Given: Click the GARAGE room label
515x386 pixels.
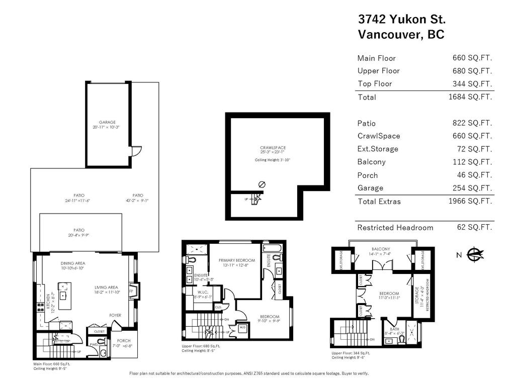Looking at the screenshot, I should pyautogui.click(x=107, y=122).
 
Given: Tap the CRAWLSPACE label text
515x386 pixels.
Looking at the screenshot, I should pyautogui.click(x=273, y=148).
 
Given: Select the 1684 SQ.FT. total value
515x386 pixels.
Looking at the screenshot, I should pyautogui.click(x=470, y=96).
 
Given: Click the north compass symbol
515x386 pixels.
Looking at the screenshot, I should pyautogui.click(x=474, y=255).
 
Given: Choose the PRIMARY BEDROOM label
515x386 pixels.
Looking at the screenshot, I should pyautogui.click(x=237, y=260).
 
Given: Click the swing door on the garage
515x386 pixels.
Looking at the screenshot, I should pyautogui.click(x=136, y=151).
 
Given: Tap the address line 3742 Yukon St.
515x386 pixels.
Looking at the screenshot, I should pyautogui.click(x=402, y=19).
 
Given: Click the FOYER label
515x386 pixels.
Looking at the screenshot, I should pyautogui.click(x=116, y=315).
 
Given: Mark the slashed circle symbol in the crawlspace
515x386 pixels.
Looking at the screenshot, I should pyautogui.click(x=261, y=184).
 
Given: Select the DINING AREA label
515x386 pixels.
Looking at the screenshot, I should pyautogui.click(x=72, y=263).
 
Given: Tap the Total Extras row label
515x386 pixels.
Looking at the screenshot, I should pyautogui.click(x=379, y=201).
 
